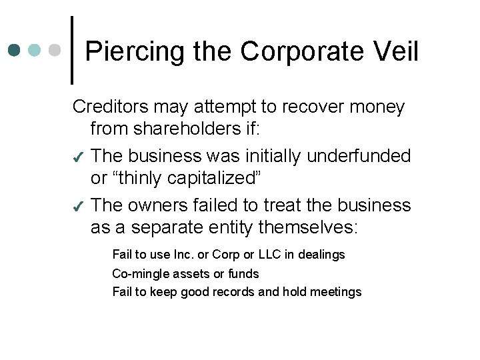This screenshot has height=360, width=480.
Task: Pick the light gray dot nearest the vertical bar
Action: [57, 50]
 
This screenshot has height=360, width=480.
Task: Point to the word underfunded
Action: [359, 156]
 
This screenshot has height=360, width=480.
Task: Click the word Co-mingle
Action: [141, 273]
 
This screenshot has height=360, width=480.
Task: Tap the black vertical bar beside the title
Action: [72, 51]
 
